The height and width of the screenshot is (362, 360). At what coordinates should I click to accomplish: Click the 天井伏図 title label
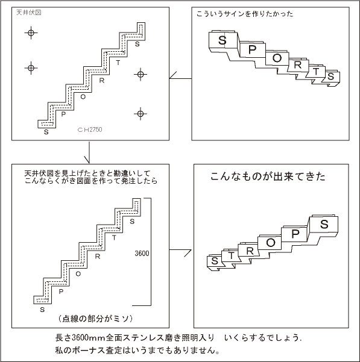[29, 13]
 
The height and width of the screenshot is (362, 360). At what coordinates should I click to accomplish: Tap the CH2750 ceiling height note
[90, 130]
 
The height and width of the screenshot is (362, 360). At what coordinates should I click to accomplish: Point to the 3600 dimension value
[142, 254]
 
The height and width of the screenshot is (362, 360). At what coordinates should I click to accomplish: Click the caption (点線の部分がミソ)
[95, 319]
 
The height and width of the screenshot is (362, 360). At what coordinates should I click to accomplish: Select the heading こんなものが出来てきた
[268, 176]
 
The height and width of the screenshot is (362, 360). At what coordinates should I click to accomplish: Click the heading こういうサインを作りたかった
[245, 14]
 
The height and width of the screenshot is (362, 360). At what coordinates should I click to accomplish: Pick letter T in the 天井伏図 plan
[118, 63]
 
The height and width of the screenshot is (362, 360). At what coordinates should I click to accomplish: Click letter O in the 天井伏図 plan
[83, 97]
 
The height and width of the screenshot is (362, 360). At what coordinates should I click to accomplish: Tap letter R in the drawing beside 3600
[98, 257]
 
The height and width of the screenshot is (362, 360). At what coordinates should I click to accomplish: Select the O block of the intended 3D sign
[277, 58]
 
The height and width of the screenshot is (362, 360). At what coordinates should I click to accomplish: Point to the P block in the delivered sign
[295, 234]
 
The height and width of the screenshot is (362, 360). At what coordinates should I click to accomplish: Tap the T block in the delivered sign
[231, 256]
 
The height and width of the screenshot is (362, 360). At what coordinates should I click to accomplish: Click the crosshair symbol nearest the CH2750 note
[141, 114]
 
